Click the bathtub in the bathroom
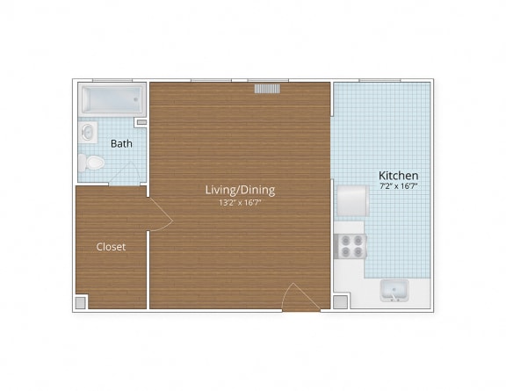click(110, 100)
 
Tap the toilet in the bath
click(91, 163)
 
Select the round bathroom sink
click(86, 133)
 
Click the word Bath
click(121, 143)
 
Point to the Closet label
click(111, 247)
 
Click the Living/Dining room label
click(240, 189)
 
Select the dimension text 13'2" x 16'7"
click(240, 203)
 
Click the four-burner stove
click(352, 246)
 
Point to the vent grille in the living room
click(267, 89)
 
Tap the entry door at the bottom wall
click(300, 298)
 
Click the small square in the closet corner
click(81, 301)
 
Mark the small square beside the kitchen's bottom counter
click(340, 301)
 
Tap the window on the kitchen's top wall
click(379, 81)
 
